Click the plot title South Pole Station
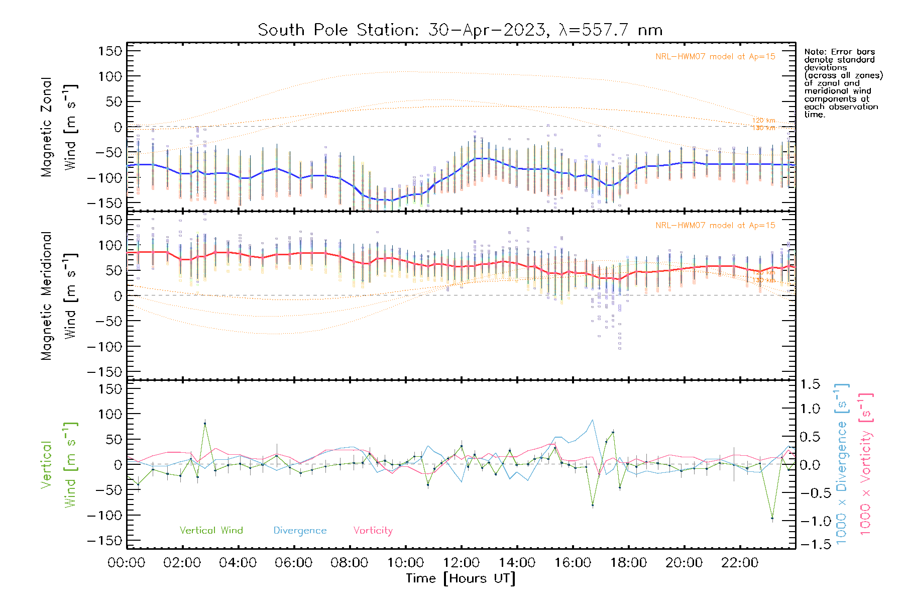(460, 30)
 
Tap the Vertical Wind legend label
(211, 530)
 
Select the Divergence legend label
(300, 531)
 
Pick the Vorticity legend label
(373, 530)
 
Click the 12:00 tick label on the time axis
(461, 563)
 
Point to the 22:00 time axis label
(739, 563)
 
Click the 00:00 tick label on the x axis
(127, 563)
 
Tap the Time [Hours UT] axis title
(461, 578)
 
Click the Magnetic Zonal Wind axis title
(58, 127)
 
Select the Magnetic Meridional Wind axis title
(58, 295)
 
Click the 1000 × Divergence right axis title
(842, 464)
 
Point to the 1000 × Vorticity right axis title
(865, 464)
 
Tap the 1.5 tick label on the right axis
(810, 384)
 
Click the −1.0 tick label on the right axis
(810, 521)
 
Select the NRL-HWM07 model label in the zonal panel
(715, 57)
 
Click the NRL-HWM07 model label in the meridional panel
(715, 226)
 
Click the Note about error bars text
(843, 83)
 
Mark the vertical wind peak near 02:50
(205, 424)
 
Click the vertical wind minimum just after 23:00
(772, 518)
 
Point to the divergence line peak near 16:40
(593, 420)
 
